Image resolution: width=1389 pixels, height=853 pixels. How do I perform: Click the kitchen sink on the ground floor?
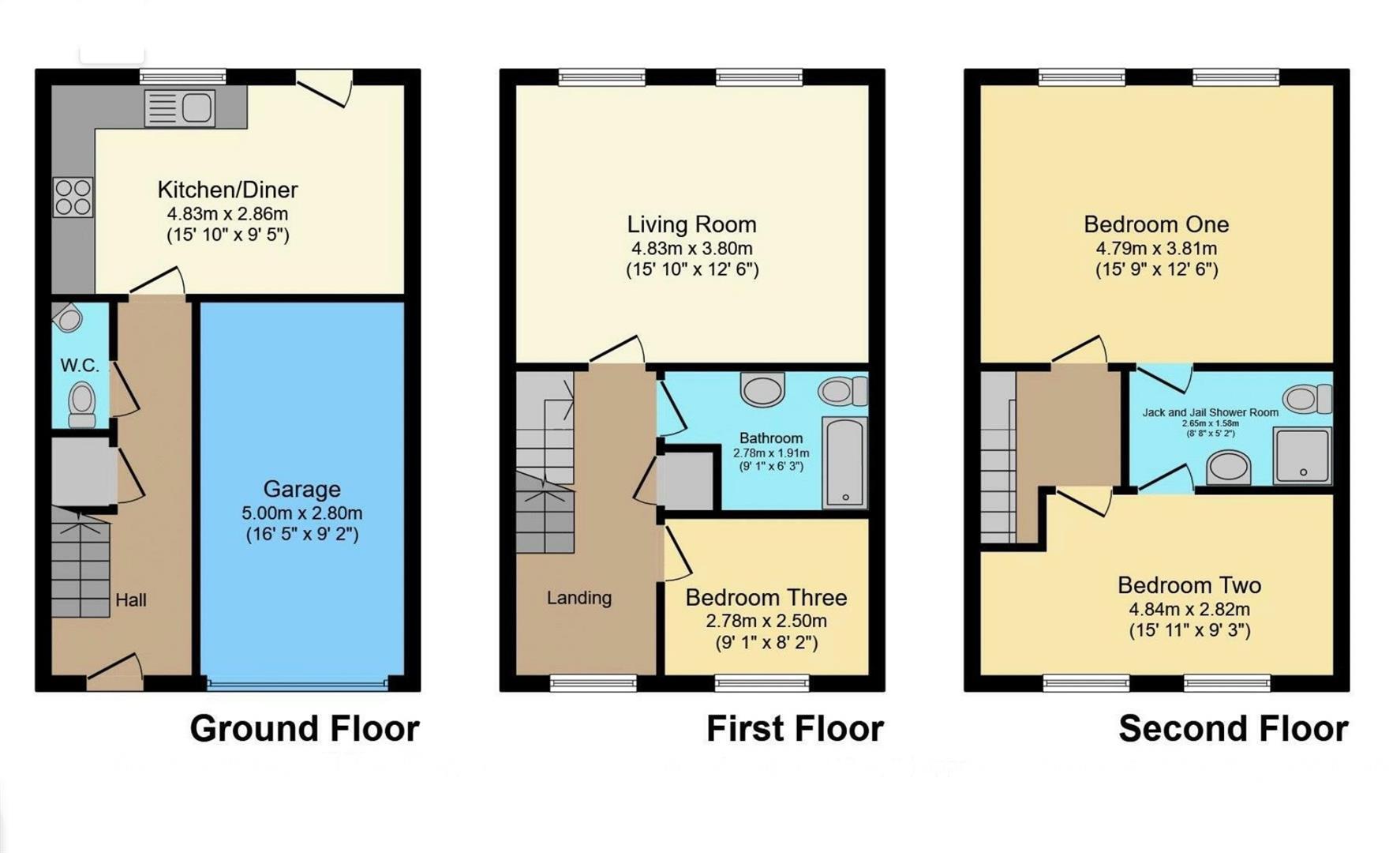(181, 108)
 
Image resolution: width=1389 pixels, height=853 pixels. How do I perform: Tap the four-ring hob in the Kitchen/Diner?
(73, 197)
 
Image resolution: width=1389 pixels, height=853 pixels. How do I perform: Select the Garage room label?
(301, 489)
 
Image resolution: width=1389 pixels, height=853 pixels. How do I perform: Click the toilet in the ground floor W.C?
(81, 404)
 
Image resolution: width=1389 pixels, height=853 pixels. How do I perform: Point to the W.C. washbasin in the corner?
(69, 319)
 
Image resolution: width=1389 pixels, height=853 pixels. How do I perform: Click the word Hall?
(131, 600)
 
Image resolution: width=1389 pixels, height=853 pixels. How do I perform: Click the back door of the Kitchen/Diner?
(324, 88)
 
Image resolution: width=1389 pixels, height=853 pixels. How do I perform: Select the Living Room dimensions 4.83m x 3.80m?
(691, 248)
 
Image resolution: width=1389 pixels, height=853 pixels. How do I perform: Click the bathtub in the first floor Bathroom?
(844, 462)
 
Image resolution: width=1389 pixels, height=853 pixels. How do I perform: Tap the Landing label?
(579, 598)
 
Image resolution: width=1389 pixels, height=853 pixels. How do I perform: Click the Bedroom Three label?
(766, 597)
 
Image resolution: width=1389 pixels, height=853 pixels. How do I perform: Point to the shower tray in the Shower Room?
(1302, 455)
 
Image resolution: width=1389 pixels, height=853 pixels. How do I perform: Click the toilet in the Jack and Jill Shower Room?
(1308, 399)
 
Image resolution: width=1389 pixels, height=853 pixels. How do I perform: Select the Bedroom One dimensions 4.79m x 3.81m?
(1156, 248)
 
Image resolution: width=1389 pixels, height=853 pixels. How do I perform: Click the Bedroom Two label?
(1189, 585)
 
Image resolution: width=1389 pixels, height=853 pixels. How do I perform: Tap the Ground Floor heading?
(305, 728)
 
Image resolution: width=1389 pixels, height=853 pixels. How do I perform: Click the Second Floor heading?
(1233, 728)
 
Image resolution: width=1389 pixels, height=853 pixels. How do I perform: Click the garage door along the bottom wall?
(296, 683)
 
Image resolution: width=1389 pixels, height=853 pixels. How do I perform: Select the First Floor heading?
(795, 728)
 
